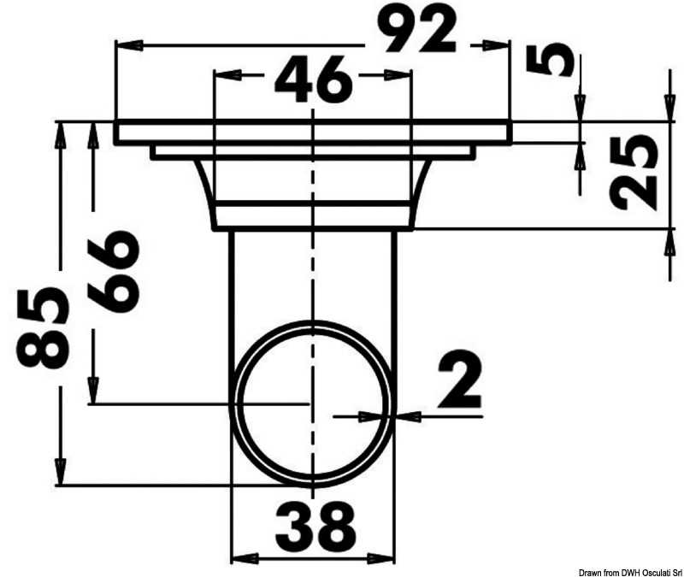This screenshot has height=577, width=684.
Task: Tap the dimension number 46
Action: point(313,79)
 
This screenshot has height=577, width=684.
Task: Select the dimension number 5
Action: point(549,60)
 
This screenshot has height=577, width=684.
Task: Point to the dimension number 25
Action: point(633,172)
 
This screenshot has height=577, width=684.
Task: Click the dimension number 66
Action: point(114,271)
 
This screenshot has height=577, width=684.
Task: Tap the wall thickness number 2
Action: point(460,379)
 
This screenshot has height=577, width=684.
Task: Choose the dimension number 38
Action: point(315,527)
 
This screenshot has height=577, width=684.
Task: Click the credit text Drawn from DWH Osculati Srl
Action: point(630,572)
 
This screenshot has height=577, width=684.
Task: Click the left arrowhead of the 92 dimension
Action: point(130,45)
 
